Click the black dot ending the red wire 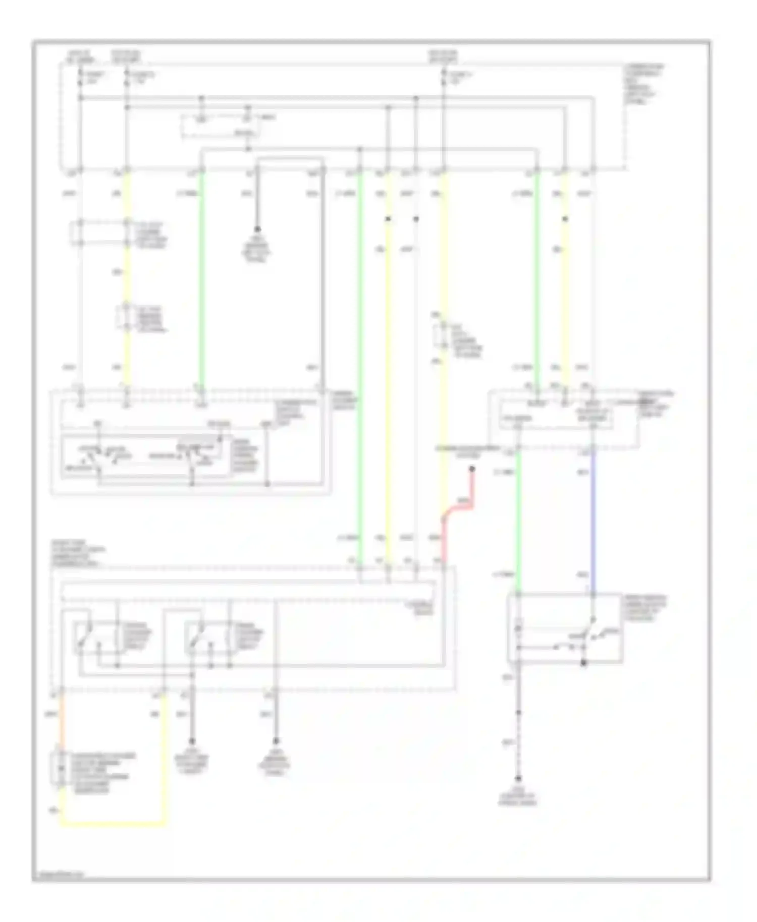[x=472, y=469]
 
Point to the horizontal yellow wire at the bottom [x=114, y=825]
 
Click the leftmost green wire [x=201, y=277]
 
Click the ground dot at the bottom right [x=518, y=778]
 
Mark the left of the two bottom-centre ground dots [x=192, y=741]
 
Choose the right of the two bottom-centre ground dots [x=276, y=741]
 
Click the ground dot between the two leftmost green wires [x=257, y=229]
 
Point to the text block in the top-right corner [x=643, y=84]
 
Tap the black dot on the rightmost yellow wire [x=565, y=219]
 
